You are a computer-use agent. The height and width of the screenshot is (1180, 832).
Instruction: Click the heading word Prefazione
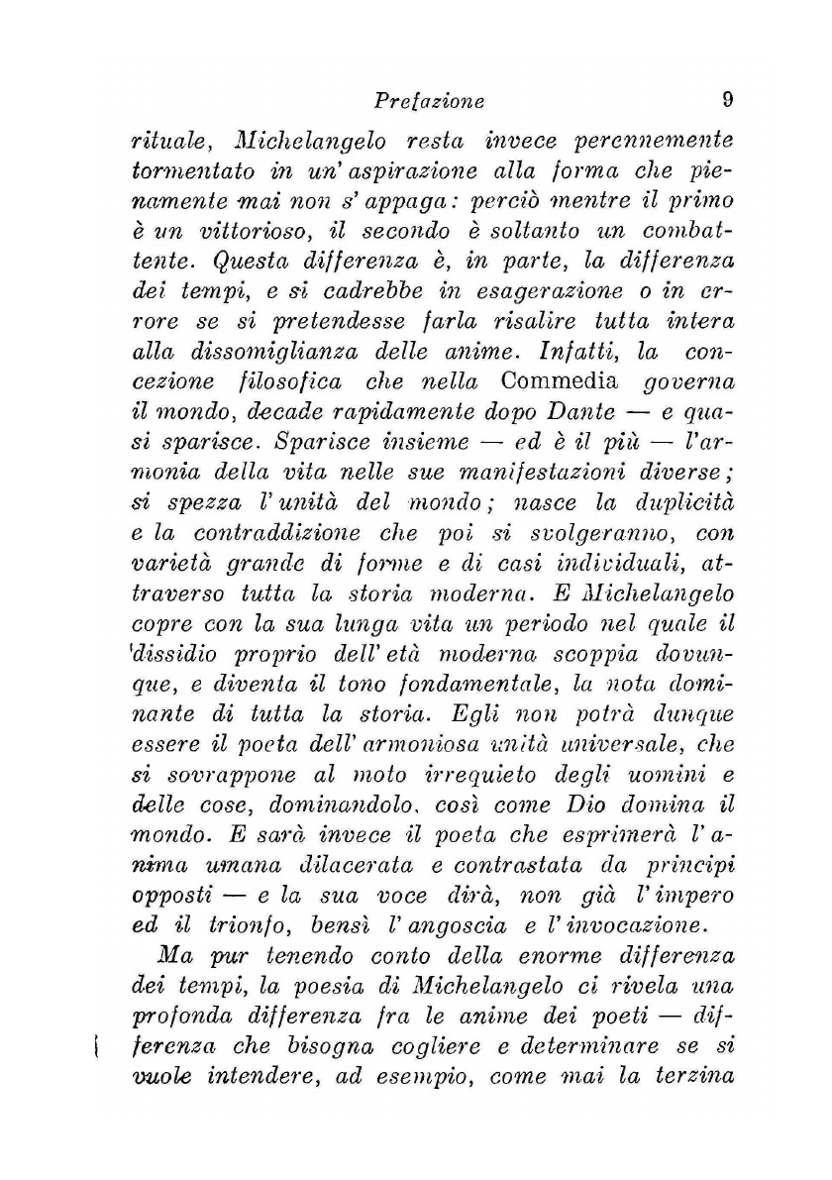[429, 101]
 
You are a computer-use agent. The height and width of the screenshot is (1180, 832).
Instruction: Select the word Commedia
[560, 381]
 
